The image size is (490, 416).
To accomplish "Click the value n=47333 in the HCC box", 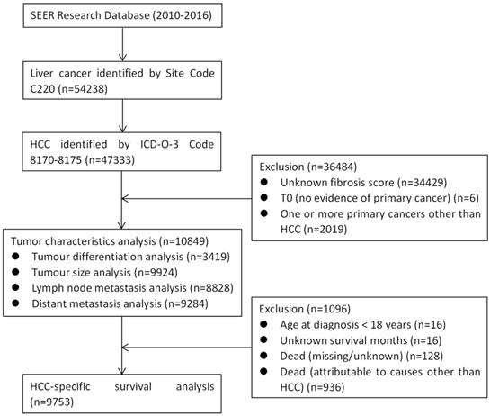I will (x=93, y=160).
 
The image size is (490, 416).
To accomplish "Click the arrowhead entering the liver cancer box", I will (x=122, y=57).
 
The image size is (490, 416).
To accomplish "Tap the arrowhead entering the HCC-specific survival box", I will (x=122, y=371).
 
